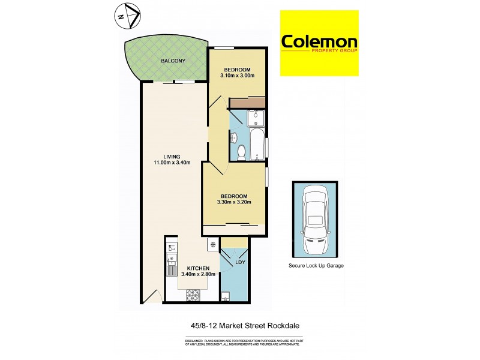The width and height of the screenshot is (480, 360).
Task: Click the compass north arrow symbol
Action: click(x=128, y=15)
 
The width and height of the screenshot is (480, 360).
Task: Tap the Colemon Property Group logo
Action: click(x=320, y=43)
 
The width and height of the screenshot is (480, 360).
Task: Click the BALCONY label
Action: click(x=173, y=61)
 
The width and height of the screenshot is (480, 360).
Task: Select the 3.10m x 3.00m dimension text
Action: click(x=238, y=76)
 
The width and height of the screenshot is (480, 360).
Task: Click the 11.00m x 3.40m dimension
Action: click(x=172, y=163)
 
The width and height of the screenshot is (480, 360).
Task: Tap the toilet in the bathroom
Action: click(x=240, y=152)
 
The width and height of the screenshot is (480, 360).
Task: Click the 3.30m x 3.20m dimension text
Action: click(x=233, y=202)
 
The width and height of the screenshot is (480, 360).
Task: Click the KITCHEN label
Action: click(x=197, y=268)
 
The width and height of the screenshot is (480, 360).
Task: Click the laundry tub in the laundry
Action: click(x=225, y=295)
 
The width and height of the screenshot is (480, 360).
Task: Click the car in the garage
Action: click(x=315, y=220)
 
